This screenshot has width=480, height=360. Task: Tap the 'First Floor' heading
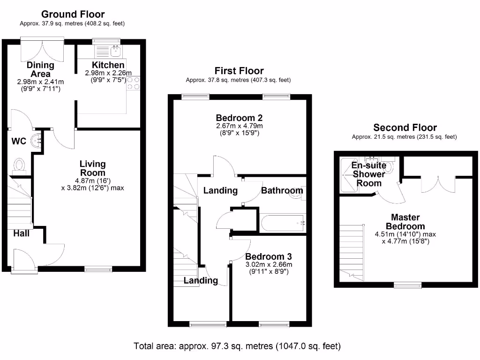pos(239,71)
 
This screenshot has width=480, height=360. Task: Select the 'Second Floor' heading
pos(405,127)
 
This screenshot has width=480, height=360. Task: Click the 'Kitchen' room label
pos(108,65)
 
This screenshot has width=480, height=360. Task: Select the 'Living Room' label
pos(92,168)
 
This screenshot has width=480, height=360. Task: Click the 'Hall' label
pos(22,233)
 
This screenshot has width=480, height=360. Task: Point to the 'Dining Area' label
pos(40,69)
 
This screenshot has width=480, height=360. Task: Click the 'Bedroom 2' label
pos(239,117)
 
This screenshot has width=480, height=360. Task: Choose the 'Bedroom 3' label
pos(268,256)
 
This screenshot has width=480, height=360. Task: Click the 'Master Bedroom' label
pos(405,222)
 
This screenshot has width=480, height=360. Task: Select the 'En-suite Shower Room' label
pos(369,174)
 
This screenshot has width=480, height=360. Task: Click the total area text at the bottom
pos(237,346)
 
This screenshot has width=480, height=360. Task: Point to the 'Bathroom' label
pos(282,190)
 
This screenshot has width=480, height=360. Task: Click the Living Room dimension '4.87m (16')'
pos(92,180)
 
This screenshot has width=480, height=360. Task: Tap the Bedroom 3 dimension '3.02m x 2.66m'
pos(268,264)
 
